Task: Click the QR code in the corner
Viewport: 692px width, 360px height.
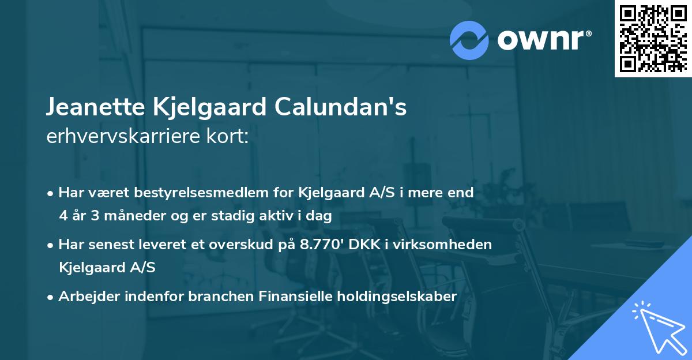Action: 653,39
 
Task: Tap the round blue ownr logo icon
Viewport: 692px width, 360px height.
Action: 469,39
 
